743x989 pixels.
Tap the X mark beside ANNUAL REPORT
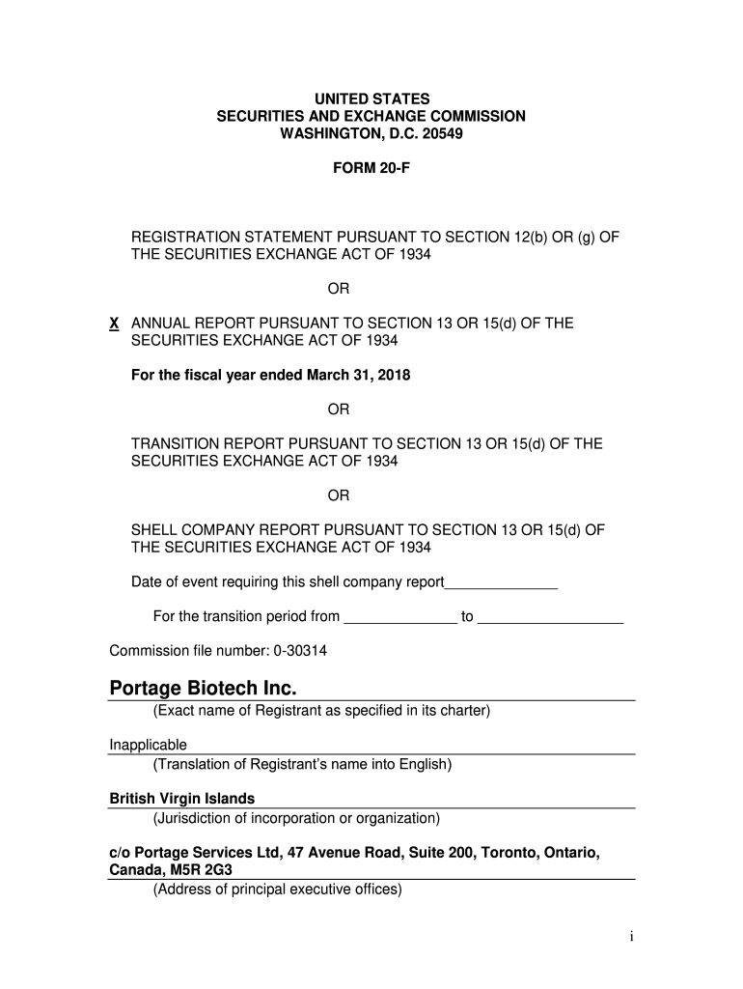point(114,324)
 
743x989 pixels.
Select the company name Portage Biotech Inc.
point(204,689)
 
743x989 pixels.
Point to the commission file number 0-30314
point(300,651)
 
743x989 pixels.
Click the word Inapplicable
point(148,745)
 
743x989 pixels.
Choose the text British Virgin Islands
point(181,799)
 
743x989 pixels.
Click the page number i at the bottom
point(630,937)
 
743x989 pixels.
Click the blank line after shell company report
point(501,582)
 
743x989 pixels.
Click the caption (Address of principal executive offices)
point(277,889)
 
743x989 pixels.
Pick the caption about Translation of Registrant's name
point(302,765)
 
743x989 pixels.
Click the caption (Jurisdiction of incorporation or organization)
point(296,818)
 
